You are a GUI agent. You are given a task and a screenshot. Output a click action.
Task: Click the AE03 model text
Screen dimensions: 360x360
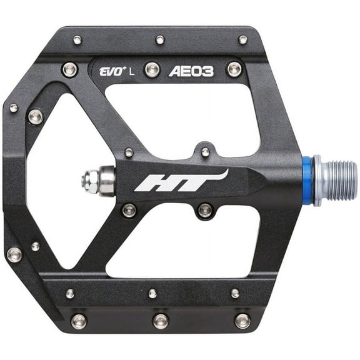point(191,71)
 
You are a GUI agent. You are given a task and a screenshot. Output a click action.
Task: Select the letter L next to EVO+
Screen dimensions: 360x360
point(131,71)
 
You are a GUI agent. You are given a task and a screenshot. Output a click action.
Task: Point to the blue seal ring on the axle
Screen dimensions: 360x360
point(307,181)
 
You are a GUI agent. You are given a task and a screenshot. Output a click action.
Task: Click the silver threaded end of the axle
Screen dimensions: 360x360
point(337,181)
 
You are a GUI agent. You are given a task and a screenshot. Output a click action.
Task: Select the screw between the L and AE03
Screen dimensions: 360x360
point(151,69)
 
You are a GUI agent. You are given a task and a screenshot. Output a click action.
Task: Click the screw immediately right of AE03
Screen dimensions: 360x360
point(234,68)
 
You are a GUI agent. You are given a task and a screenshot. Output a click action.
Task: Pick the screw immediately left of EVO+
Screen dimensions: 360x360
point(70,69)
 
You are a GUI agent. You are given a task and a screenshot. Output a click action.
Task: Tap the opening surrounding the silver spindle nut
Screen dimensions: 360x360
point(59,181)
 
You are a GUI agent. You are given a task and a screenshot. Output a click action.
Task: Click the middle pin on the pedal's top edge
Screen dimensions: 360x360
point(160,40)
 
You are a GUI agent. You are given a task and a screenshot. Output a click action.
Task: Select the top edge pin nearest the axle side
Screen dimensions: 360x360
point(242,40)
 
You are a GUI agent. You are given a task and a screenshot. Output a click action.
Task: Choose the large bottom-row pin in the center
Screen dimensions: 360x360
point(161,321)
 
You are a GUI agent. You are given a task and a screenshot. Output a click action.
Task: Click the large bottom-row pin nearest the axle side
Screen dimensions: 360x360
point(242,321)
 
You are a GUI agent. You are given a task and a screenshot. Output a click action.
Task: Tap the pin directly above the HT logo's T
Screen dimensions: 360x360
point(205,152)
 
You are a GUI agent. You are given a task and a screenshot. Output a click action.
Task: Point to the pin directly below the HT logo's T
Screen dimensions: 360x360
point(205,210)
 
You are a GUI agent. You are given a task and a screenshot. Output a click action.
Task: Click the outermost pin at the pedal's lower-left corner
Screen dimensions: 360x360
point(14,254)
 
